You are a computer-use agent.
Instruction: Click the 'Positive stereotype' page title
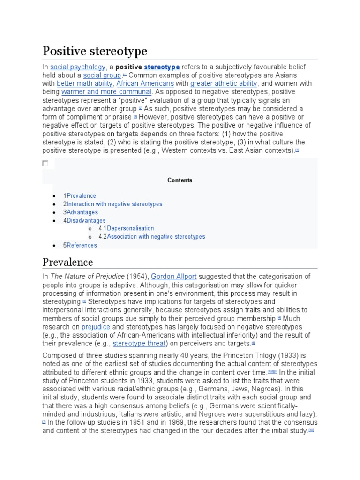point(95,51)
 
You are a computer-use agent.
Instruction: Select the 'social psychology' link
point(78,67)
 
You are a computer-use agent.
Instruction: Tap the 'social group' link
point(102,75)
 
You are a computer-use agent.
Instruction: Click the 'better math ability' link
point(85,84)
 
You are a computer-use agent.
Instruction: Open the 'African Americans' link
point(145,84)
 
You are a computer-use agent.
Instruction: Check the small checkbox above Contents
point(45,164)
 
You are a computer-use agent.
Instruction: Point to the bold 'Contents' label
point(180,180)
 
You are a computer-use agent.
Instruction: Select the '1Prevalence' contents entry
point(80,196)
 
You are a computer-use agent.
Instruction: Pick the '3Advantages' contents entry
point(81,212)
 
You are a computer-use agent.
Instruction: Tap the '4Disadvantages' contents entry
point(84,221)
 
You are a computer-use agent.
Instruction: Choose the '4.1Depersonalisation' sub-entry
point(126,229)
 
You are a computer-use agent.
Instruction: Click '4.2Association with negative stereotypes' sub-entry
point(152,237)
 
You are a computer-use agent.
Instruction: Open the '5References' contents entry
point(80,245)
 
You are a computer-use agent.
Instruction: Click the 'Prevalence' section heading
point(67,262)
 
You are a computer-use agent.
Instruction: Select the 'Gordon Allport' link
point(172,277)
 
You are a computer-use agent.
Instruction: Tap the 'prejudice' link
point(96,327)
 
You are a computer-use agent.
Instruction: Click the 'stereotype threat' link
point(140,344)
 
